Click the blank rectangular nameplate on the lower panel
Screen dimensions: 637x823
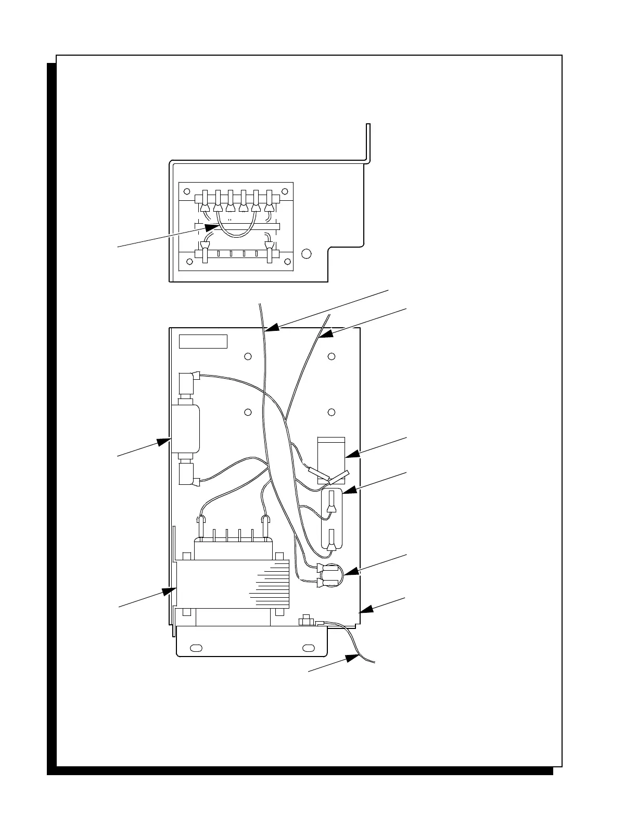point(203,341)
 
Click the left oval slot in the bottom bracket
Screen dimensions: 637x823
point(196,648)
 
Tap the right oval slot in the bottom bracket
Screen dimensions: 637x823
point(308,648)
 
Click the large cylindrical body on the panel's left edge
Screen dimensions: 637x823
point(186,429)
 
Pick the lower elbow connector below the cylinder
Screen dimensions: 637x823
point(186,474)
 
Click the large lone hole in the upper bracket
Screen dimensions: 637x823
point(307,253)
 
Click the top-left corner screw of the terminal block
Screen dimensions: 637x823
point(187,191)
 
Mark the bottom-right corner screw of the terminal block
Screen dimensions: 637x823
point(285,262)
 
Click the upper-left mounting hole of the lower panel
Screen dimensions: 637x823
point(248,356)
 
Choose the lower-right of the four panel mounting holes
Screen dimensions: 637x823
point(332,412)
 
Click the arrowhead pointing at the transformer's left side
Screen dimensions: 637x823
point(169,591)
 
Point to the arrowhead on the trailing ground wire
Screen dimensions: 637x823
point(354,658)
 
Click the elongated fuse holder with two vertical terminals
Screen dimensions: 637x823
point(331,519)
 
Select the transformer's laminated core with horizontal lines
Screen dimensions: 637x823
point(234,583)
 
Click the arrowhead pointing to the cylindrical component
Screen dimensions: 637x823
point(164,442)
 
